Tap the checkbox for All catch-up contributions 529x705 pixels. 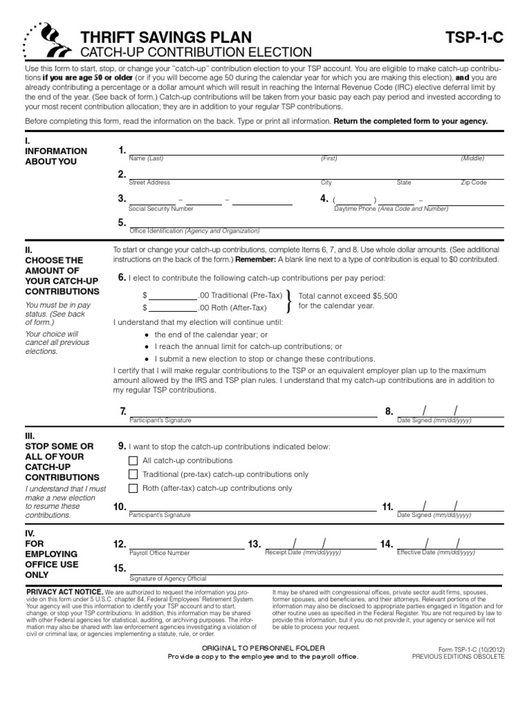(134, 461)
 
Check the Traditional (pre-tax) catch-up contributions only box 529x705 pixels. (134, 474)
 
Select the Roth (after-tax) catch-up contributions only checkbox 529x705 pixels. (134, 488)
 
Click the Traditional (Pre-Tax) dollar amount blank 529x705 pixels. (173, 295)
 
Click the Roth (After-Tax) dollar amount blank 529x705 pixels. (173, 308)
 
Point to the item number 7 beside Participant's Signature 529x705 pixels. (123, 411)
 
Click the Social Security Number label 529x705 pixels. (161, 208)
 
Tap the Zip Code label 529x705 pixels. (473, 182)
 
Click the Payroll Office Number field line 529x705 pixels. (186, 545)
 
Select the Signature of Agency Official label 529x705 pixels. (167, 578)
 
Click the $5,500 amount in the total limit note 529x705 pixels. (385, 295)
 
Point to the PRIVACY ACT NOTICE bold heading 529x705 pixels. (64, 591)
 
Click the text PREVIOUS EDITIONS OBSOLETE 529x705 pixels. (458, 657)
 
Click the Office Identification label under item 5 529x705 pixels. (194, 231)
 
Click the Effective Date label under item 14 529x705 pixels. (436, 552)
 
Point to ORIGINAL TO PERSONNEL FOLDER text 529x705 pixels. (263, 649)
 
